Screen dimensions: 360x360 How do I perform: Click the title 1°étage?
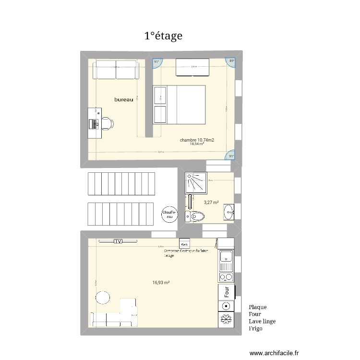click(x=163, y=36)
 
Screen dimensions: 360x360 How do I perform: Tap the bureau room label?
click(x=124, y=99)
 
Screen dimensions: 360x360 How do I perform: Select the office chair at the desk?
click(x=108, y=123)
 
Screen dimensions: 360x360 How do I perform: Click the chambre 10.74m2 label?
click(x=197, y=140)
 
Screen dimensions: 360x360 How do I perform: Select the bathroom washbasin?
click(x=229, y=210)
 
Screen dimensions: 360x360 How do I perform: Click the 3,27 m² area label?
click(x=211, y=203)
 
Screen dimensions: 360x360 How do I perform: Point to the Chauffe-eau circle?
click(x=169, y=215)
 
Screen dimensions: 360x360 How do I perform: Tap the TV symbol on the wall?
click(x=118, y=241)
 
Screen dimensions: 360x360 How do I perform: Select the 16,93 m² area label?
click(x=161, y=283)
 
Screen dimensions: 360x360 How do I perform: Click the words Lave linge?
click(x=262, y=322)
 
